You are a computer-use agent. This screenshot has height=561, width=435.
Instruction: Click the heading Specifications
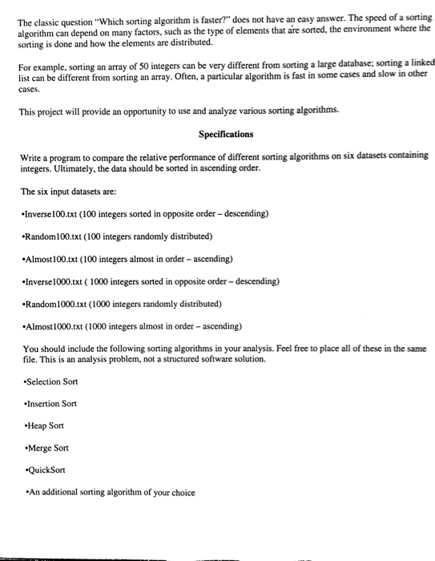(x=226, y=134)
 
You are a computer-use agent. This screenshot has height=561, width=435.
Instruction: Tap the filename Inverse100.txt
(x=51, y=214)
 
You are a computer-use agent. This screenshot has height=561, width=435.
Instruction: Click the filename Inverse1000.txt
(x=54, y=281)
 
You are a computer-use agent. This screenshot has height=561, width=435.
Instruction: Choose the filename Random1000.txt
(x=55, y=304)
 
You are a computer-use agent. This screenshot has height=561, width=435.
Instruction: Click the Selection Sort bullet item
(x=56, y=381)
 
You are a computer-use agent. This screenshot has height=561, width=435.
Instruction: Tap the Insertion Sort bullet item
(x=55, y=403)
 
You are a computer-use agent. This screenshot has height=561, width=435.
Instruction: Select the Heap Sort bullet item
(x=46, y=426)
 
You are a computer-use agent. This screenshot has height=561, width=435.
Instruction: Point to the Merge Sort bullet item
(x=48, y=448)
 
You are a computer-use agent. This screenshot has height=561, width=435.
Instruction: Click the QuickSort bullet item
(x=47, y=470)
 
